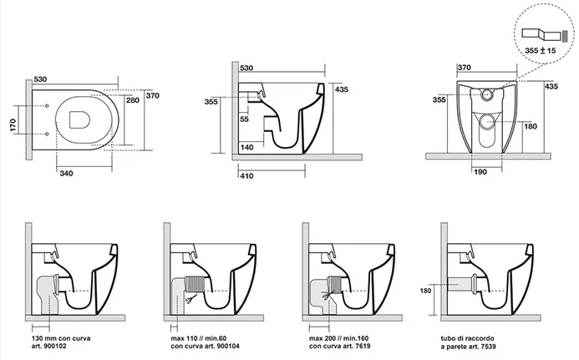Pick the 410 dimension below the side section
246,176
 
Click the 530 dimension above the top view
39,80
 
